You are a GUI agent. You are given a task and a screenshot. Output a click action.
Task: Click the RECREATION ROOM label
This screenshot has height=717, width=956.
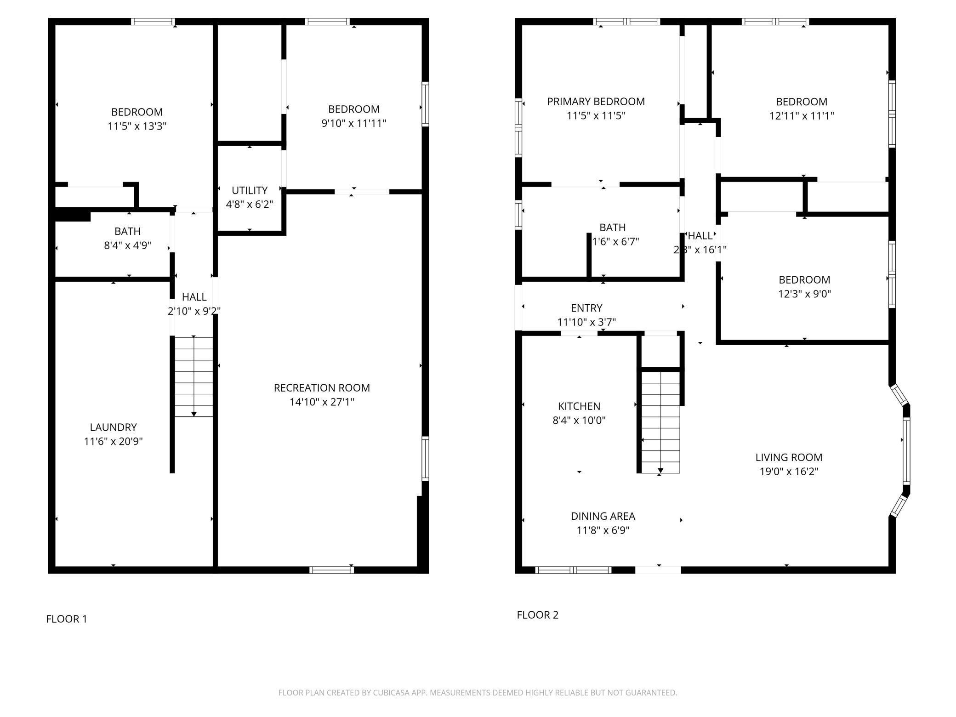(322, 388)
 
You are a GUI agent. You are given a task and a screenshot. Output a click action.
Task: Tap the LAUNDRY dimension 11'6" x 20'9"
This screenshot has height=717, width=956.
(113, 442)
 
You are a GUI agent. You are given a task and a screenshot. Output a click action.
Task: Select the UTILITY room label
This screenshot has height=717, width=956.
(250, 190)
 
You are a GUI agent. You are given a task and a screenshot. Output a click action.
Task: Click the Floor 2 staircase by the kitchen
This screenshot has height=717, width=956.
(660, 422)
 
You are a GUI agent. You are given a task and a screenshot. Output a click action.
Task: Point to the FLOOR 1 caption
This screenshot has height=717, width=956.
(67, 619)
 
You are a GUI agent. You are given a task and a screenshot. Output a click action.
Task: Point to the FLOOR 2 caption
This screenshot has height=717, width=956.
(537, 615)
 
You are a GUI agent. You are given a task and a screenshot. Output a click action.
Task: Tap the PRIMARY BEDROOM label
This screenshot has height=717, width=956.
(596, 102)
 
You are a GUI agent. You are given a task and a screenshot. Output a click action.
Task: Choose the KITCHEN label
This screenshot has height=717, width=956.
(579, 406)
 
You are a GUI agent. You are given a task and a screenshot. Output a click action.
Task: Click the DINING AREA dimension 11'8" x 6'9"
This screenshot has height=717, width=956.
(603, 530)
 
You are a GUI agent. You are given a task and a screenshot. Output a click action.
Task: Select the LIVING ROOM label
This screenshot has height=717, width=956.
(789, 457)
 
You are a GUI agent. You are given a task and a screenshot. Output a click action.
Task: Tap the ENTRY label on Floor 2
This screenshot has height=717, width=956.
(586, 308)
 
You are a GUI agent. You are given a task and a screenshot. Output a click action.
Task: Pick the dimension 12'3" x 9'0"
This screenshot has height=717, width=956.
(804, 294)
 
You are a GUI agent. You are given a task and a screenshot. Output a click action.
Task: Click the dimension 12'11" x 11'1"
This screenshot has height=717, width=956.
(802, 116)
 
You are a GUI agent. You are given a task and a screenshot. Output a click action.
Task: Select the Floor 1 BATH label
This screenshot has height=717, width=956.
(127, 231)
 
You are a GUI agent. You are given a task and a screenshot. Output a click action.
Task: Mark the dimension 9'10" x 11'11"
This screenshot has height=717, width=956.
(353, 123)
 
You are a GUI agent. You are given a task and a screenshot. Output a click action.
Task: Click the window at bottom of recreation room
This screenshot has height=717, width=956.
(331, 570)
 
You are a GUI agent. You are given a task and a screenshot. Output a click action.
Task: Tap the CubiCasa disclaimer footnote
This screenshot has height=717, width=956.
(478, 693)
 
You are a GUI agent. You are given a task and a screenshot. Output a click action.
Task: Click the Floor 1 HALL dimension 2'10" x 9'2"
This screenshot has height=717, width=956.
(194, 311)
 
